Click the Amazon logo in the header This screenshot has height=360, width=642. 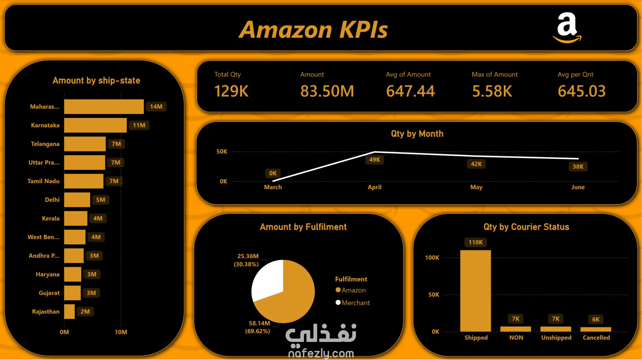(567, 28)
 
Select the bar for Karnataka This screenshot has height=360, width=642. (95, 125)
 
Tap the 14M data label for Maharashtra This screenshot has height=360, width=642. (156, 107)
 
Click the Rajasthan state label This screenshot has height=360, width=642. (46, 312)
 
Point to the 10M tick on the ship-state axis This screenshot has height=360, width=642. (121, 332)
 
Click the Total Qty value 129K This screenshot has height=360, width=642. (231, 91)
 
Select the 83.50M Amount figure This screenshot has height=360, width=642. (327, 91)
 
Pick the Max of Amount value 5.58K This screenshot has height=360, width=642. (492, 91)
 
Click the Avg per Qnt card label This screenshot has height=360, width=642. (575, 75)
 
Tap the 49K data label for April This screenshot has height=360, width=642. (374, 160)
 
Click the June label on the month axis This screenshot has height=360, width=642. (578, 187)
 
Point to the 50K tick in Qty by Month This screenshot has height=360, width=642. (222, 152)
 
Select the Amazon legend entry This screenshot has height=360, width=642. (351, 290)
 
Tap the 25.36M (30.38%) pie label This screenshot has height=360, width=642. (246, 260)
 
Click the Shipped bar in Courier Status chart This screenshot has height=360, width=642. (475, 291)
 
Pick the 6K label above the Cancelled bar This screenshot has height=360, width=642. (596, 319)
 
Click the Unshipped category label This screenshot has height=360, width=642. (556, 338)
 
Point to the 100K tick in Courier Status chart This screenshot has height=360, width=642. (432, 258)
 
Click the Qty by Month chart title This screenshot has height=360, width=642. (417, 134)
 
